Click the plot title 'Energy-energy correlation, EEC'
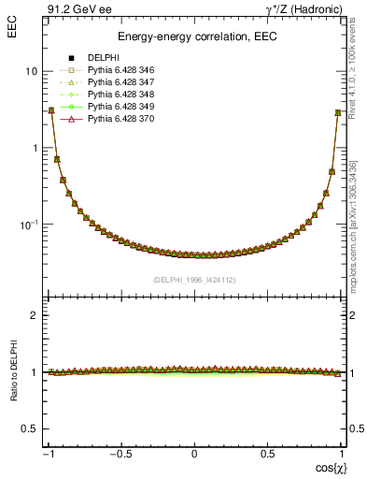[x=194, y=36]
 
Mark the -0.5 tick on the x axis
[x=120, y=454]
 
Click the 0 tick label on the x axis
[x=194, y=454]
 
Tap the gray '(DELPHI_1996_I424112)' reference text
[x=194, y=280]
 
